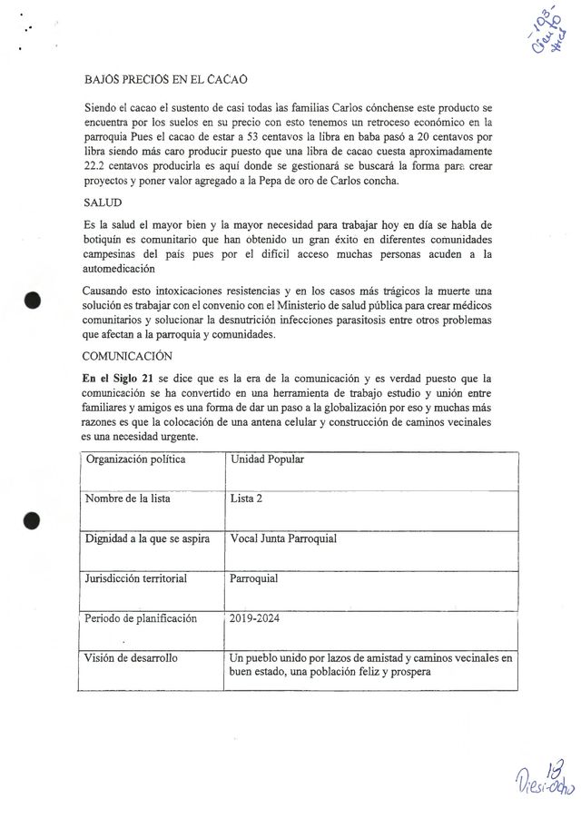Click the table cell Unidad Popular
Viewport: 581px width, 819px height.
pos(267,459)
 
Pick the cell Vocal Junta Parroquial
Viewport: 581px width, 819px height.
pos(283,538)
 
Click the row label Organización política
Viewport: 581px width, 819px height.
pos(136,459)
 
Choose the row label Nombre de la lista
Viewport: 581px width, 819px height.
pos(128,498)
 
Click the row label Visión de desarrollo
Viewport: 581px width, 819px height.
pos(131,657)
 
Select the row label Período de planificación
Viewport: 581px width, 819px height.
pos(141,618)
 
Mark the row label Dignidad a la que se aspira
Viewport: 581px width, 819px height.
pos(146,538)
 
